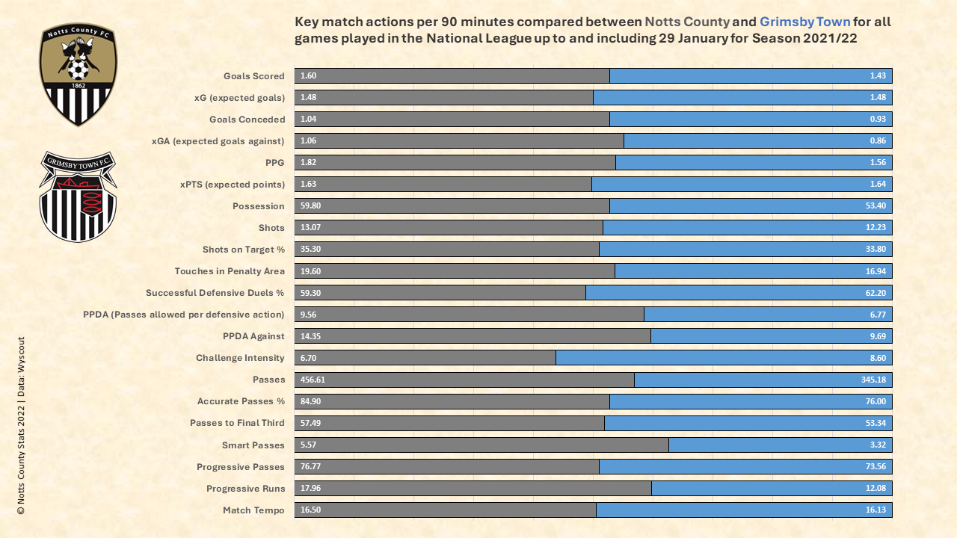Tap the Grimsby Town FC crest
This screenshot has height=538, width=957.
(78, 197)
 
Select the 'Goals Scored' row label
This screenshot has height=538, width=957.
(253, 76)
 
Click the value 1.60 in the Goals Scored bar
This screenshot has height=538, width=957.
(308, 76)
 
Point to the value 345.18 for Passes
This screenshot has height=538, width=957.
(873, 380)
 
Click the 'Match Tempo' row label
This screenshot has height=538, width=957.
(253, 510)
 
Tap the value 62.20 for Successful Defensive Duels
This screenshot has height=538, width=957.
(876, 293)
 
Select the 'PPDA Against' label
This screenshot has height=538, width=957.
(253, 336)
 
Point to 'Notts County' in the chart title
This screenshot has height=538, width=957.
(686, 22)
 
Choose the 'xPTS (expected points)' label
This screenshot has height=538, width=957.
(233, 185)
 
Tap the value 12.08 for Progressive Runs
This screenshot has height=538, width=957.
(876, 489)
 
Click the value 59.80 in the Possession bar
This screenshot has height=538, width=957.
(310, 206)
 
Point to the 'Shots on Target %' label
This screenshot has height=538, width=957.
(244, 250)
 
